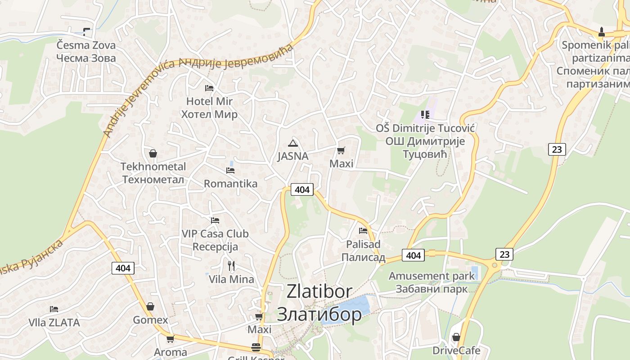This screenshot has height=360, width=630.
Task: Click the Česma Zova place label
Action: pos(86,51)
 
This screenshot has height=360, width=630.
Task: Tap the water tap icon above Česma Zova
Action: pos(86,31)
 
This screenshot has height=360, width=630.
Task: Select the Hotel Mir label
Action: pos(209,108)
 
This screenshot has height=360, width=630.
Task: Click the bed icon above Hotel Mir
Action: pos(209,88)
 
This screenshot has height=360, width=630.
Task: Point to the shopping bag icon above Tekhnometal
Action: pos(153,153)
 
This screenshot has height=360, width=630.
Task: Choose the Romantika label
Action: pos(230,184)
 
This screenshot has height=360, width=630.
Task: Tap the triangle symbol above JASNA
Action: pos(293,144)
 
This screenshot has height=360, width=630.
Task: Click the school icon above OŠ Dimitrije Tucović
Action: pos(425,115)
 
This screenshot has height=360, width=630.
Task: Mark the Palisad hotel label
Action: pos(363,251)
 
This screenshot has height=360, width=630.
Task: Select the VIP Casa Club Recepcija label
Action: pos(215,240)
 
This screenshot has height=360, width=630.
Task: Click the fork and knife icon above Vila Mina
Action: pos(231,266)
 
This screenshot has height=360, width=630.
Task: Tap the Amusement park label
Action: pos(432,282)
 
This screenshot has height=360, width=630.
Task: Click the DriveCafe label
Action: pos(456,351)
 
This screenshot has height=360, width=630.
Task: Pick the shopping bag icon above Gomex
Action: pos(150,306)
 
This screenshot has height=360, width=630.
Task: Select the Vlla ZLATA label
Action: pos(54,323)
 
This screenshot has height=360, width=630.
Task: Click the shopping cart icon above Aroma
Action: pos(170,339)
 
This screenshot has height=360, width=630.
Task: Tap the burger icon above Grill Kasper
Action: pos(256,347)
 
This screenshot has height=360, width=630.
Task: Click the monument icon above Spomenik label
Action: pos(601,32)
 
